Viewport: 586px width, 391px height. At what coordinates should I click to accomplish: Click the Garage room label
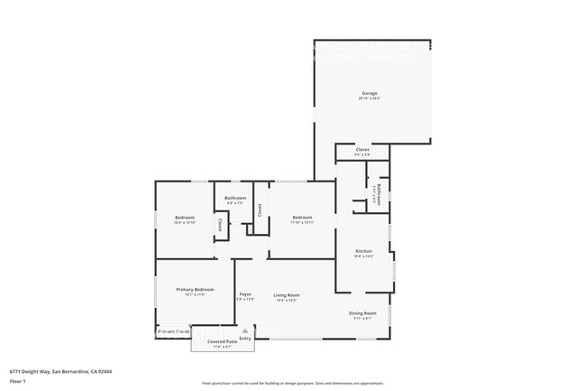(x=370, y=93)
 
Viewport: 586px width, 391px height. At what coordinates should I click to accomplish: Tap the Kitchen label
(x=363, y=251)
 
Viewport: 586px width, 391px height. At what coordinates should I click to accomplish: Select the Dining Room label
(x=362, y=312)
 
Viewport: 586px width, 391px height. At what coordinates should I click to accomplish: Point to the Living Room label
(x=287, y=294)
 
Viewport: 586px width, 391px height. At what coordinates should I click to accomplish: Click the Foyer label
(x=244, y=294)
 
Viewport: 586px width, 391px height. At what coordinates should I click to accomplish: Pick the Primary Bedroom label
(x=195, y=289)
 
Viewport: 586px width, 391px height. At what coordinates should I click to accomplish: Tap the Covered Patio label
(x=222, y=341)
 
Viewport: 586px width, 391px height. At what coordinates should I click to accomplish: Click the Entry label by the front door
(x=245, y=339)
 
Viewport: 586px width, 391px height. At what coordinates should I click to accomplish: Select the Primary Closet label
(x=174, y=331)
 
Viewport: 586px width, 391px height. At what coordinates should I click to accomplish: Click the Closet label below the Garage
(x=362, y=150)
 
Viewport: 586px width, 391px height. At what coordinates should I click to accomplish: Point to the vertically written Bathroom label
(x=380, y=195)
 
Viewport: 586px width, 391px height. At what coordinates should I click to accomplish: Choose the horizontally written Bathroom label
(x=235, y=198)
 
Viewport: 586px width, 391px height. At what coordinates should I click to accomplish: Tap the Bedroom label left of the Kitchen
(x=302, y=217)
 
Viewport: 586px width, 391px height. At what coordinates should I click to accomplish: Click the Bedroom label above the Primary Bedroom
(x=185, y=217)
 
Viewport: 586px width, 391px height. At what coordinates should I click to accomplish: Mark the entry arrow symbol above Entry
(x=245, y=330)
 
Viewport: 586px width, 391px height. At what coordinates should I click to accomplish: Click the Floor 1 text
(x=18, y=381)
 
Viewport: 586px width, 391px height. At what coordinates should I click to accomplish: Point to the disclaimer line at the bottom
(x=292, y=384)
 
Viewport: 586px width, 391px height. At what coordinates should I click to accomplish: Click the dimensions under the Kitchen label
(x=363, y=256)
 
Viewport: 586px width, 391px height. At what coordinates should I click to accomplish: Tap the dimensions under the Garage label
(x=370, y=98)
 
